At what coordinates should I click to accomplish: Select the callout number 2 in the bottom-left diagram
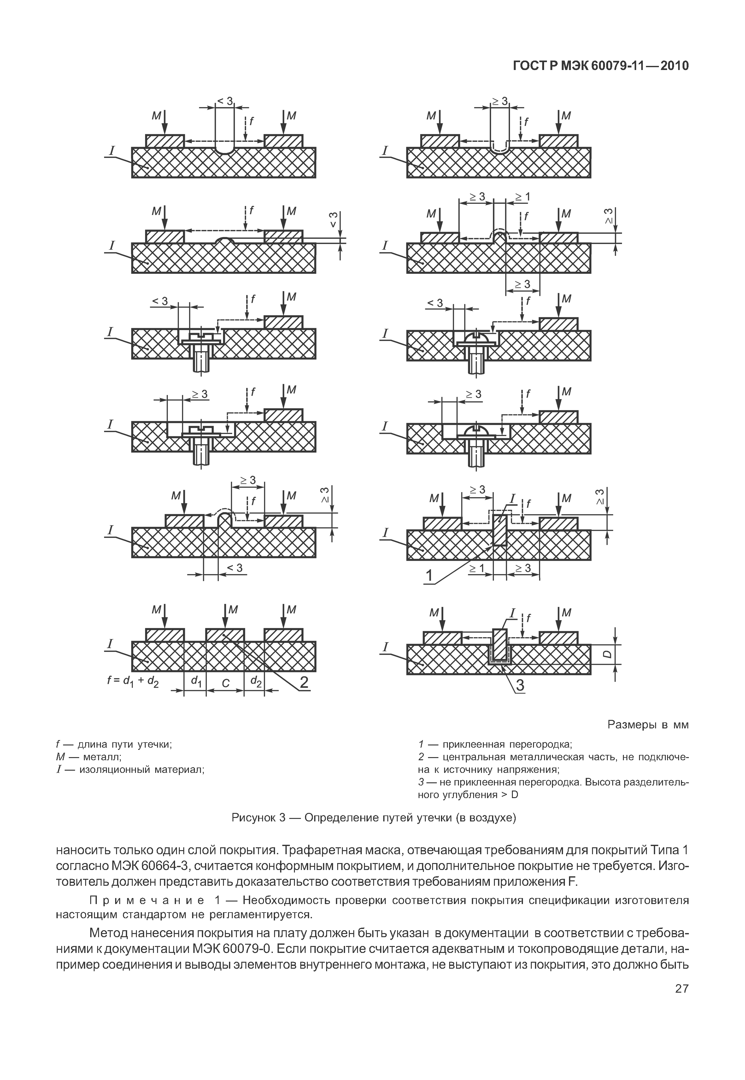(x=303, y=682)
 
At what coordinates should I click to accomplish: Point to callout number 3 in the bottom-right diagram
(x=519, y=685)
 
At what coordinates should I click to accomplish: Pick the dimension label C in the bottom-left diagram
(x=226, y=683)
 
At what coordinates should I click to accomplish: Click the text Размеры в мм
(x=648, y=725)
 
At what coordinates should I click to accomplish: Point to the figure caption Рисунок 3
(x=373, y=818)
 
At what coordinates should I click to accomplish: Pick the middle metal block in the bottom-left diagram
(x=225, y=635)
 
